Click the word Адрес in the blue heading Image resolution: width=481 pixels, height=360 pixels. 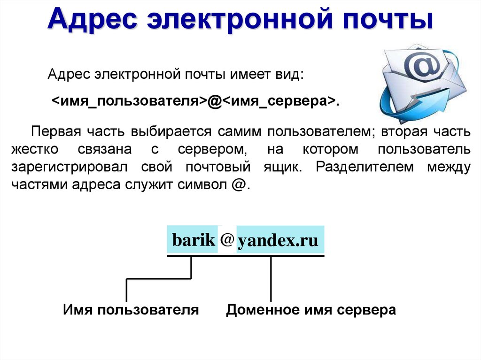point(93,19)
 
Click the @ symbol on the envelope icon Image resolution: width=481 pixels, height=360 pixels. point(422,65)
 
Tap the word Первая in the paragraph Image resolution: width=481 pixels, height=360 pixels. point(56,131)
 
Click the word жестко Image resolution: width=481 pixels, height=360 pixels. point(35,149)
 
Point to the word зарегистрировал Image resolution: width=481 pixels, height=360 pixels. point(70,167)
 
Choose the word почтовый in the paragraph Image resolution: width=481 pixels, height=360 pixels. point(218,167)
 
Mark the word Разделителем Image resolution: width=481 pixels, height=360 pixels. point(365,167)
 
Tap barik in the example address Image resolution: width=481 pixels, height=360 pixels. point(194,239)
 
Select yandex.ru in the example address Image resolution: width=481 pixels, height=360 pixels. point(278,241)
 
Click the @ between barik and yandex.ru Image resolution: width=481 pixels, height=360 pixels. point(227,239)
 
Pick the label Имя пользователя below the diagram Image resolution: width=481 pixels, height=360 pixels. point(131,310)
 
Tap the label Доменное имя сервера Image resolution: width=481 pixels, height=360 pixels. point(311,310)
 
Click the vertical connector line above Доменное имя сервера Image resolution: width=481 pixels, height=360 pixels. point(271,279)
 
